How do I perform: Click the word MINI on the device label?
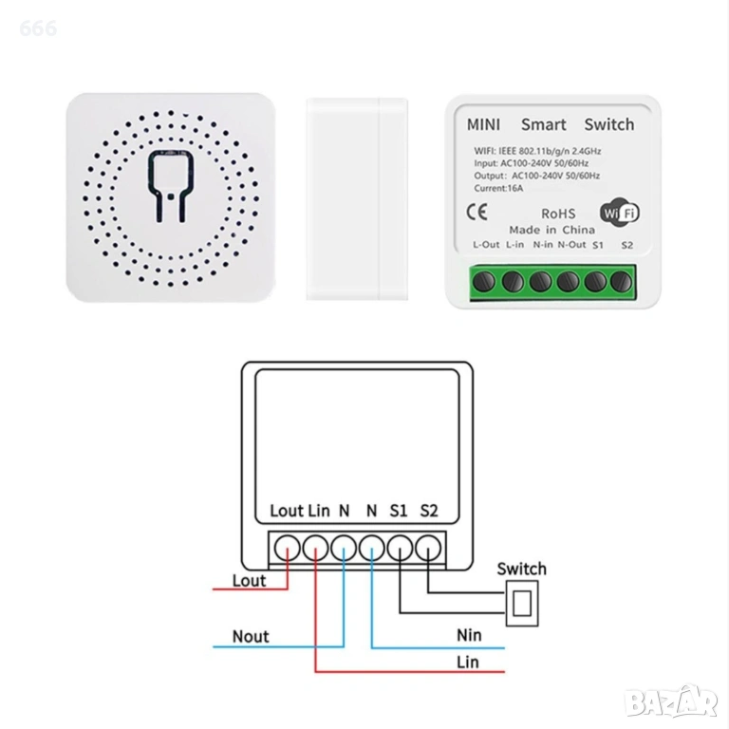(x=483, y=124)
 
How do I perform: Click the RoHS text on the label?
(x=558, y=215)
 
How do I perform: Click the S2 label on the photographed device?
(x=626, y=245)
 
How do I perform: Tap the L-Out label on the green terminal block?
(x=486, y=245)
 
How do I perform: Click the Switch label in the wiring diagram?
(x=522, y=569)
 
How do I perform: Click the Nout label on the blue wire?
(x=251, y=636)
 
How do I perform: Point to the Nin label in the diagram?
(x=469, y=635)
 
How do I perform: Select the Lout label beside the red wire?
(x=249, y=580)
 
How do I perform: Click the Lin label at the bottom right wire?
(x=468, y=661)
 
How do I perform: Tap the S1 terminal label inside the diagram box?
(x=399, y=511)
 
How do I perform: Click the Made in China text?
(x=551, y=230)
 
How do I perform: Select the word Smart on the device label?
(x=544, y=124)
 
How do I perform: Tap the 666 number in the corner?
(x=38, y=28)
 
